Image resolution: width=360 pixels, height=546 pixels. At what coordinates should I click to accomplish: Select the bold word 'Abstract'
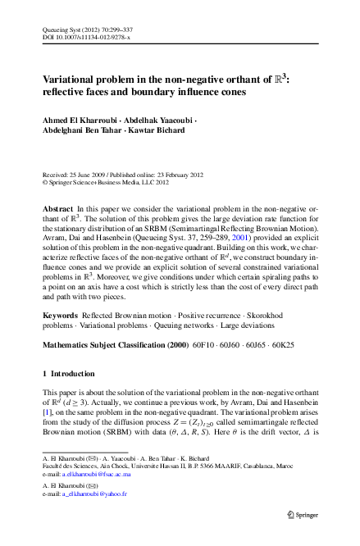(x=58, y=211)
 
